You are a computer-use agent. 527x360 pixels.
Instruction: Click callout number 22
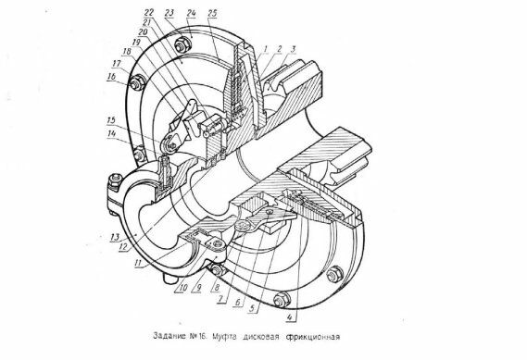tap(149, 13)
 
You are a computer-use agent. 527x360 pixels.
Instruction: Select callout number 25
tap(212, 13)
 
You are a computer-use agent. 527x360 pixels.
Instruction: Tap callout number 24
tap(191, 13)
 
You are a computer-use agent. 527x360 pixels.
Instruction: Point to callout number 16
tap(111, 76)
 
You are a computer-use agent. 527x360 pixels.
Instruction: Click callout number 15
tap(111, 120)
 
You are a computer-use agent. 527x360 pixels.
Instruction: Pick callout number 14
tap(111, 134)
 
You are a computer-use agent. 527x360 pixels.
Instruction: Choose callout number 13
tap(115, 237)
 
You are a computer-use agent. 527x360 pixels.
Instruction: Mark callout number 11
tap(137, 263)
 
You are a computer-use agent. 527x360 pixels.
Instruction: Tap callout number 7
tap(220, 299)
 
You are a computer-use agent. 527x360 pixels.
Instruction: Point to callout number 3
tap(293, 49)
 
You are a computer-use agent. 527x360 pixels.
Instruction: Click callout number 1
tap(265, 49)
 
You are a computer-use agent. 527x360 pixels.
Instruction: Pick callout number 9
tap(198, 288)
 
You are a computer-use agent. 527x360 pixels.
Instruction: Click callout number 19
tap(136, 42)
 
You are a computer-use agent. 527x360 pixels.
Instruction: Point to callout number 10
tap(182, 288)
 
